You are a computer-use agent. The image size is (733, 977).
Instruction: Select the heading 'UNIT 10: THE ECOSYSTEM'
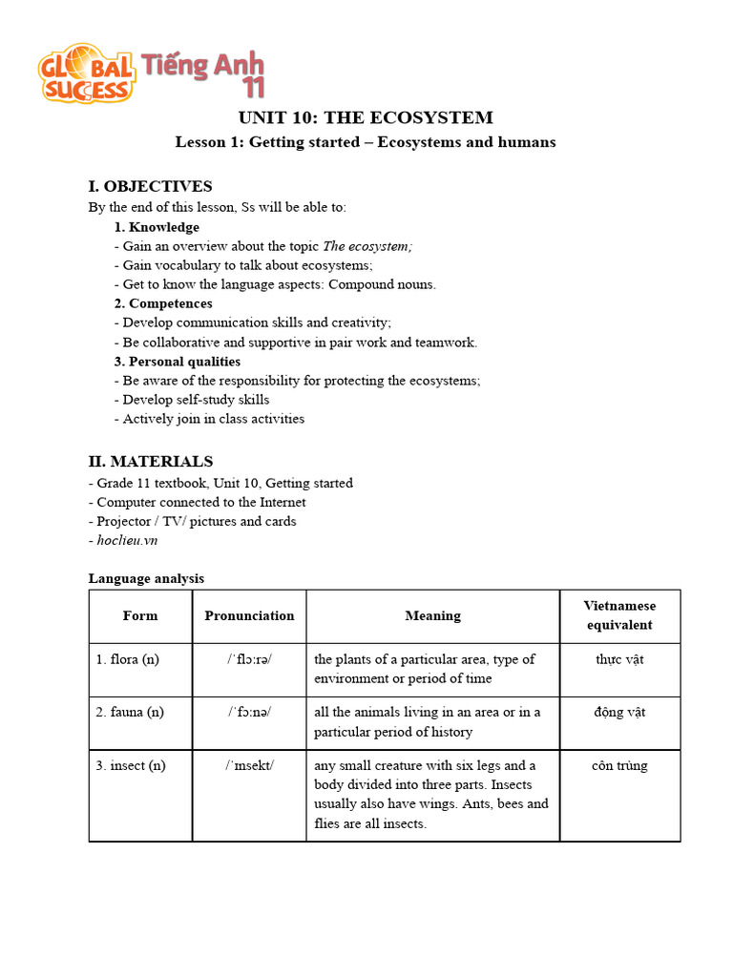pyautogui.click(x=366, y=117)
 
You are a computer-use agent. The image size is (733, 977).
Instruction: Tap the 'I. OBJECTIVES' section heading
pyautogui.click(x=150, y=186)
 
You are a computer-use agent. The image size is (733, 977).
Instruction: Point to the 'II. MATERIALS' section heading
pyautogui.click(x=151, y=461)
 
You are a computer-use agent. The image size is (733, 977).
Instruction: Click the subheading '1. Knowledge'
pyautogui.click(x=157, y=227)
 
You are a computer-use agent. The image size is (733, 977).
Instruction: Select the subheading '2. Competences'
pyautogui.click(x=163, y=303)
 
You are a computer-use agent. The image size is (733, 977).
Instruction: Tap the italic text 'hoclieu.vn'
pyautogui.click(x=127, y=540)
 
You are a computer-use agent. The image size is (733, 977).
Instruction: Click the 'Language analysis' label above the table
pyautogui.click(x=146, y=578)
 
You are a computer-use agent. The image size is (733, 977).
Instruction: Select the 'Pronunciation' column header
pyautogui.click(x=249, y=615)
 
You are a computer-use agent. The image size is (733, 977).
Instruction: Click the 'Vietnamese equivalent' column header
pyautogui.click(x=619, y=615)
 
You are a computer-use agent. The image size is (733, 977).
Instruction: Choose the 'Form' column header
pyautogui.click(x=140, y=615)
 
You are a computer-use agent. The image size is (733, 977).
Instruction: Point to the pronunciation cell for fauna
pyautogui.click(x=249, y=712)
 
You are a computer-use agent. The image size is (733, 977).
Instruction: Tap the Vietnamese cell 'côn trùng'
pyautogui.click(x=619, y=765)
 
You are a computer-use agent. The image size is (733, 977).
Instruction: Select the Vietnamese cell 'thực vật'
pyautogui.click(x=619, y=659)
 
